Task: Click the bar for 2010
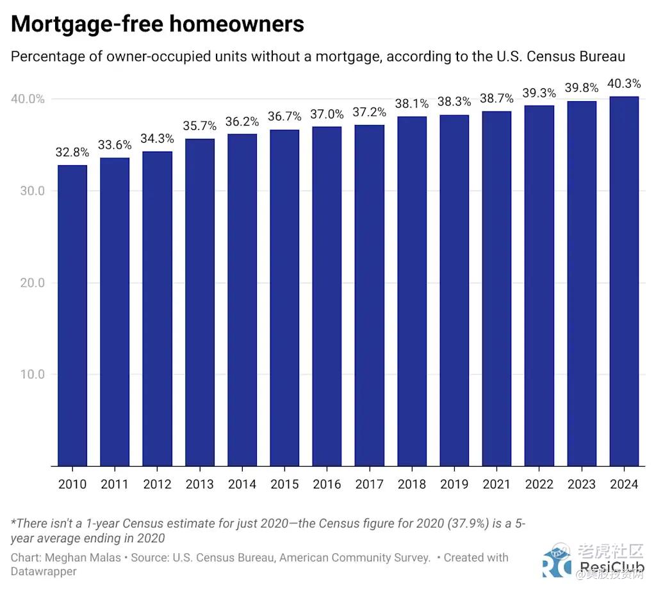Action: click(72, 315)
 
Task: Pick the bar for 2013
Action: click(200, 302)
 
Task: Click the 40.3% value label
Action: click(624, 84)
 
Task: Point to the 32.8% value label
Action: click(72, 152)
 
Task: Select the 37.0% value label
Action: click(327, 114)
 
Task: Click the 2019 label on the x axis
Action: click(454, 484)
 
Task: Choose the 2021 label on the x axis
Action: click(496, 484)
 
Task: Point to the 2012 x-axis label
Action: click(157, 484)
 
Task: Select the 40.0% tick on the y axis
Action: click(28, 99)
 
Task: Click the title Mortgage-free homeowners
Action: click(158, 24)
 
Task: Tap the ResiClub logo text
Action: click(611, 568)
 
